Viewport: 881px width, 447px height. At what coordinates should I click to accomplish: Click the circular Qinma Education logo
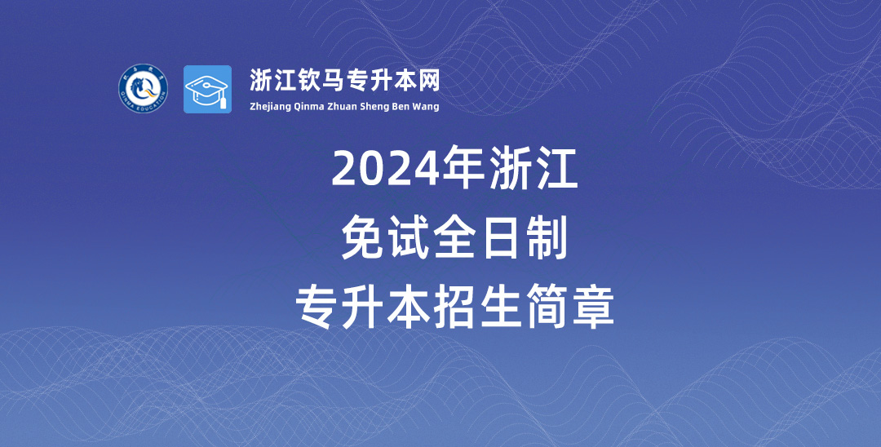pyautogui.click(x=144, y=89)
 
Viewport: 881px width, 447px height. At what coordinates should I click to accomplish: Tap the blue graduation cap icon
pyautogui.click(x=207, y=89)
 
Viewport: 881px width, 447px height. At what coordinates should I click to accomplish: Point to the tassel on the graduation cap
pyautogui.click(x=223, y=102)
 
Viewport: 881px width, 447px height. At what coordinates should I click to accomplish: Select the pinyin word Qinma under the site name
pyautogui.click(x=309, y=106)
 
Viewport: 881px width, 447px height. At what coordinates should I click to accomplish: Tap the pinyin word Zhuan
pyautogui.click(x=343, y=106)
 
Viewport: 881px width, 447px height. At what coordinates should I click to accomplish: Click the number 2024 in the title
pyautogui.click(x=385, y=169)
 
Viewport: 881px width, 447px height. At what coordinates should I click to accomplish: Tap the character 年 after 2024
pyautogui.click(x=463, y=167)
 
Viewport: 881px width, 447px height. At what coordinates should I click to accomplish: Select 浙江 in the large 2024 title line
pyautogui.click(x=533, y=167)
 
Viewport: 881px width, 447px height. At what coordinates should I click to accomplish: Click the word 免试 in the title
pyautogui.click(x=386, y=239)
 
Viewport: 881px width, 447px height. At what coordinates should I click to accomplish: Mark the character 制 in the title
pyautogui.click(x=545, y=239)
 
